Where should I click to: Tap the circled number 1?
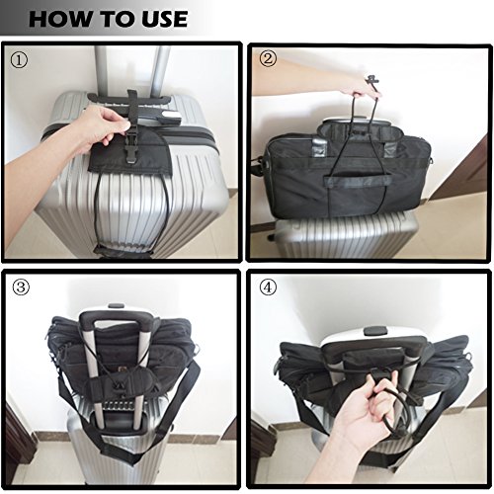click(x=19, y=60)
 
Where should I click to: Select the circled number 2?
click(x=268, y=59)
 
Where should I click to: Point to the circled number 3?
click(x=21, y=288)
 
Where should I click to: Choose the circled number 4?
click(x=268, y=288)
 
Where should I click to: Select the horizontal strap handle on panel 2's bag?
click(x=358, y=181)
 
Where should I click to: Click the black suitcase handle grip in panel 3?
click(x=116, y=319)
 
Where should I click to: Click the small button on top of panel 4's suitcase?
click(x=373, y=330)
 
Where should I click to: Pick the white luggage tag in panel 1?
click(x=172, y=117)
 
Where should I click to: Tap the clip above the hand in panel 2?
click(x=372, y=80)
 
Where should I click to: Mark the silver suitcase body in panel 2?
click(x=346, y=234)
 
